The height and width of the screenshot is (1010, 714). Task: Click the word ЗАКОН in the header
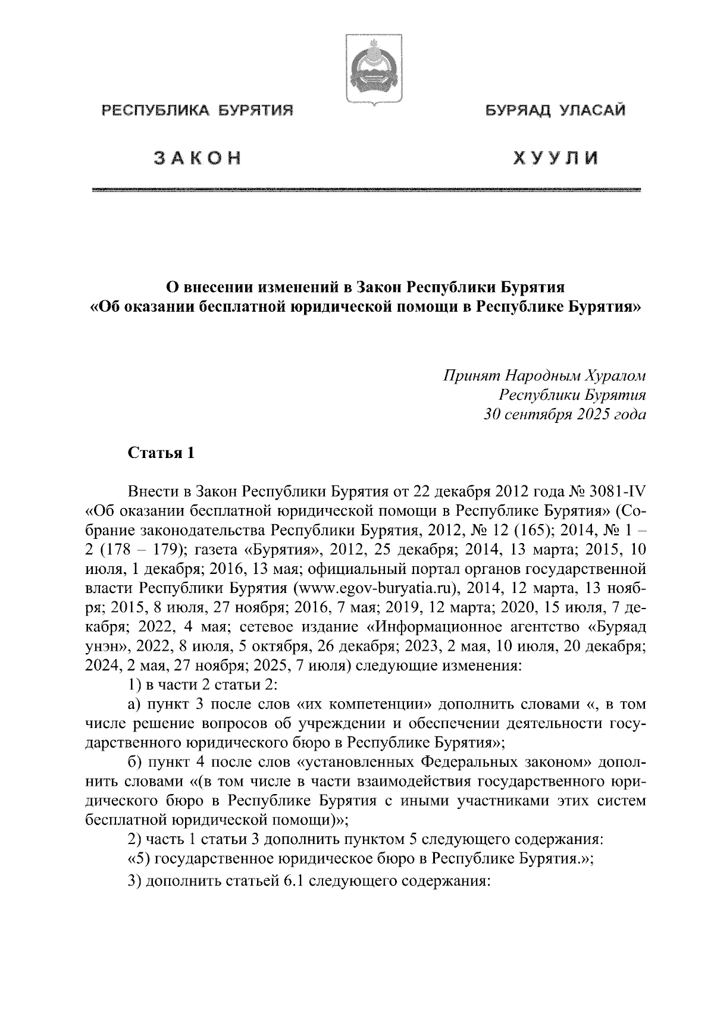pyautogui.click(x=197, y=159)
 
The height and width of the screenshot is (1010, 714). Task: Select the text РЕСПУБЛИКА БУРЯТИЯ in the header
pyautogui.click(x=198, y=110)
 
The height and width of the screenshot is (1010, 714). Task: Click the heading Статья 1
pyautogui.click(x=161, y=453)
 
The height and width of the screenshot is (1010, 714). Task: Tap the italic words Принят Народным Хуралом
pyautogui.click(x=544, y=376)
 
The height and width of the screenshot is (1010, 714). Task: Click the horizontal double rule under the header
pyautogui.click(x=367, y=190)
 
